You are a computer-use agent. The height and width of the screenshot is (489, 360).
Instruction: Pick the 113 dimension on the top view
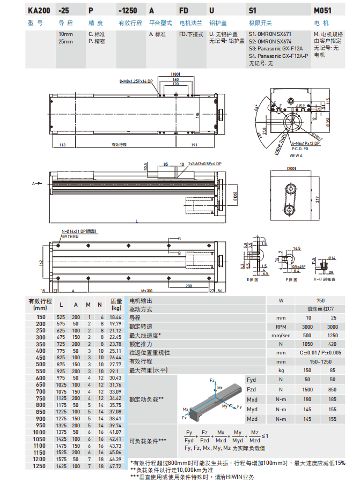click(62, 145)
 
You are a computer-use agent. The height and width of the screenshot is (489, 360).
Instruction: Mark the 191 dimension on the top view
click(195, 145)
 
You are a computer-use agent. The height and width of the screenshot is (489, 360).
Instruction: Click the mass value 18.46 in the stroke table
click(116, 318)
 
